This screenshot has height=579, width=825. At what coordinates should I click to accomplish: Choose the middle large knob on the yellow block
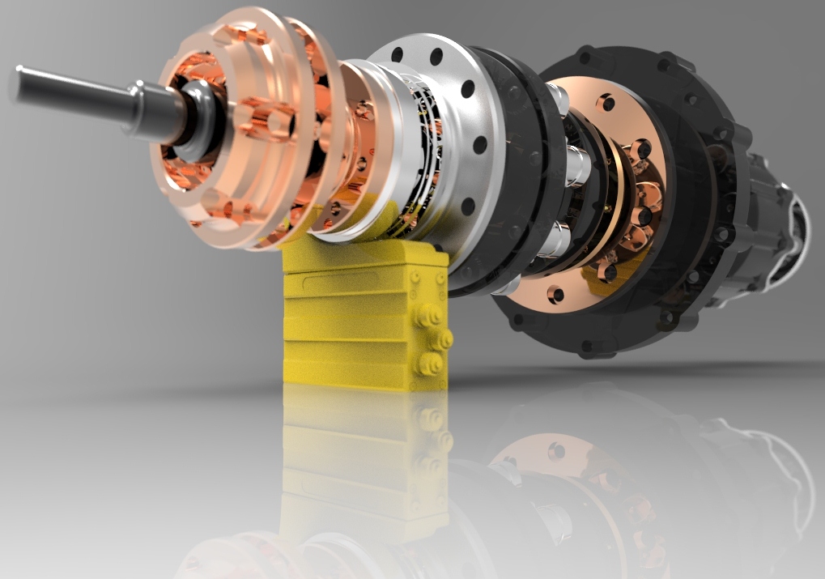[442, 338]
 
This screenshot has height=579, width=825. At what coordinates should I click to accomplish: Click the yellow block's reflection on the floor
[364, 453]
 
